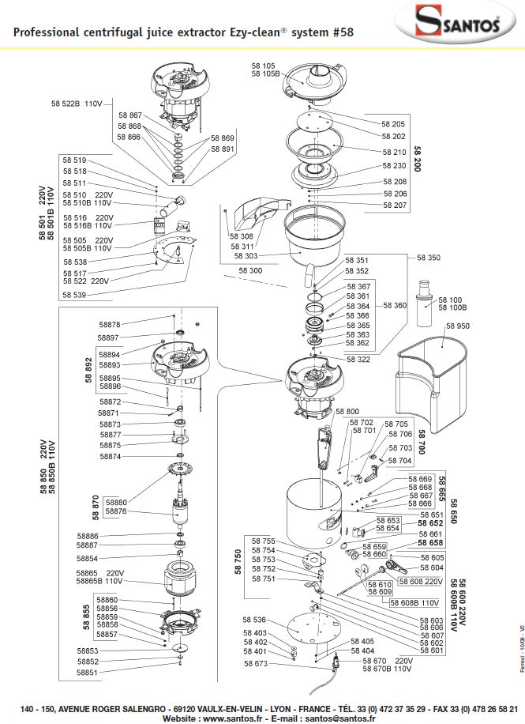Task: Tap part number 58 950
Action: click(458, 326)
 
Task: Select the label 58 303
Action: click(245, 256)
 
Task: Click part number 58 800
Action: click(347, 412)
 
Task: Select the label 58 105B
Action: click(267, 74)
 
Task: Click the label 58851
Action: click(88, 673)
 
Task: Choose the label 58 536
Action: click(254, 620)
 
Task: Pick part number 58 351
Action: click(358, 260)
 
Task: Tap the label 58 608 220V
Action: click(422, 582)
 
